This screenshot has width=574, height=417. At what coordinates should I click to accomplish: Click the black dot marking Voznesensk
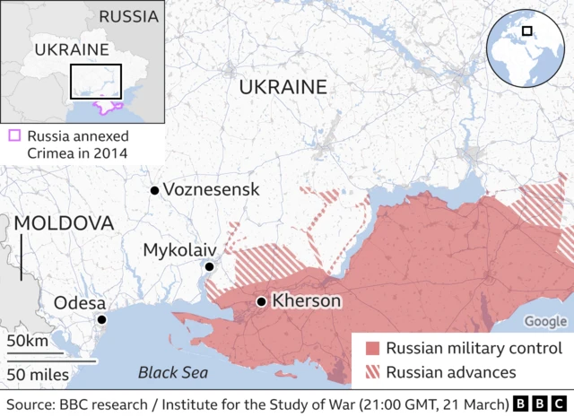coord(155,190)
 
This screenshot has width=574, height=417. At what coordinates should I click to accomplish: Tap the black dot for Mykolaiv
coord(209,266)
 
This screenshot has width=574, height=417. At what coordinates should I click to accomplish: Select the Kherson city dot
coord(260,302)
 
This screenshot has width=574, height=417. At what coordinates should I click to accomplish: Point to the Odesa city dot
coord(102,320)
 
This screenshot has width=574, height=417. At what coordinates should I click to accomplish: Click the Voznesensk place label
coord(213,190)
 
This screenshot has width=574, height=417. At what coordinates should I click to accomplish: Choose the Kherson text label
coord(306,301)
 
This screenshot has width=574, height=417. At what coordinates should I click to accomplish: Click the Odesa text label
coord(80,302)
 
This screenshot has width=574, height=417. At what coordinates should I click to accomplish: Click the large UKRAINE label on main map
coord(283,87)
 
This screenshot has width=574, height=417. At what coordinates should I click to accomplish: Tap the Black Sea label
coord(173,372)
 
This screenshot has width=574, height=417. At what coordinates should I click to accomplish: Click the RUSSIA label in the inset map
coord(130,16)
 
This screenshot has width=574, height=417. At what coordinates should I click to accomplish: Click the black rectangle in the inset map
coord(96,82)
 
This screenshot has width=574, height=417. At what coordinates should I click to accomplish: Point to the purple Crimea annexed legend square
coord(14,136)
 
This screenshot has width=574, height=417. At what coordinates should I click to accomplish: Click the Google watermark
coord(545,321)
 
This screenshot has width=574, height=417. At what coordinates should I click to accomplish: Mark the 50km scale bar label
coord(28,342)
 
